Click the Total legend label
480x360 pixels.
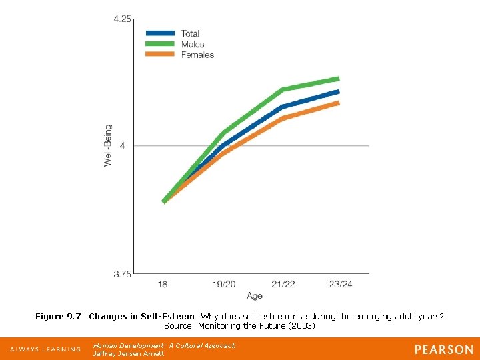[x=190, y=33]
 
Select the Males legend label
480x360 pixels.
[x=193, y=44]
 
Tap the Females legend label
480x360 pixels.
[x=197, y=55]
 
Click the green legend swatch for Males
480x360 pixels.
[x=161, y=44]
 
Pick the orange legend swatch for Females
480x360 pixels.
[x=161, y=55]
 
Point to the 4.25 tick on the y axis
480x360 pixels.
[x=122, y=19]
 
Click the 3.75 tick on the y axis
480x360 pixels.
[x=122, y=273]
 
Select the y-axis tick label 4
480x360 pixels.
[x=123, y=145]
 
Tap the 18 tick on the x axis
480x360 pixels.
[x=163, y=285]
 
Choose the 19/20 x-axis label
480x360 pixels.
[x=224, y=285]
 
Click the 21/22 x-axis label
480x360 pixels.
[x=283, y=285]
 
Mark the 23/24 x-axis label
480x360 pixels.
[x=341, y=285]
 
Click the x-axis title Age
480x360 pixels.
[x=254, y=295]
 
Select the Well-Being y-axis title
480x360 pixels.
[x=108, y=145]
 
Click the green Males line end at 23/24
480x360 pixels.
[x=337, y=79]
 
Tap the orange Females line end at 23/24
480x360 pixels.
[x=337, y=103]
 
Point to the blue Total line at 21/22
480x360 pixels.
[x=283, y=107]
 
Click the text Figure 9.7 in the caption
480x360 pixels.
[x=59, y=316]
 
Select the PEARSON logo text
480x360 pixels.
[x=443, y=349]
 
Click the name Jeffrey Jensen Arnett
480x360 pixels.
[x=128, y=354]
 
